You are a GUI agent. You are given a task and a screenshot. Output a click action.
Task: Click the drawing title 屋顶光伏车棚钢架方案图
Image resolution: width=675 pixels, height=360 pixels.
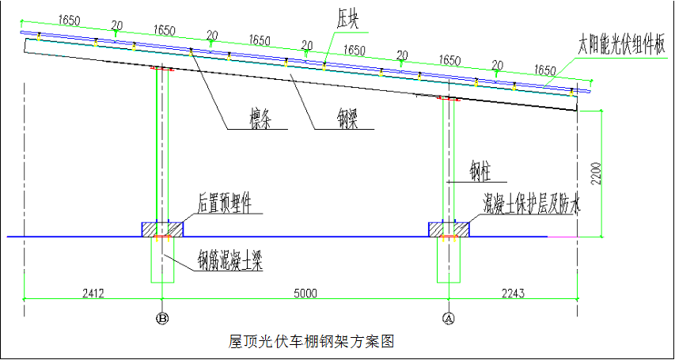coord(311,342)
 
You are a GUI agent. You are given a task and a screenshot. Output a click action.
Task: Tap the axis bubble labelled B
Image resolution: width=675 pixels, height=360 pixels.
coord(162,319)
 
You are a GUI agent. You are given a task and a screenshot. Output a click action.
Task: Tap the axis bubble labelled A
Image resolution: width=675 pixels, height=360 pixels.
coord(449,319)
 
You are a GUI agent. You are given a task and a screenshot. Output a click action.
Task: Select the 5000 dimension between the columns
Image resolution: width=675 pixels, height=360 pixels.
coord(305,293)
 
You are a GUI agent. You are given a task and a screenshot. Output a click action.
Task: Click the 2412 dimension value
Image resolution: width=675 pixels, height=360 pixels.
coord(93,293)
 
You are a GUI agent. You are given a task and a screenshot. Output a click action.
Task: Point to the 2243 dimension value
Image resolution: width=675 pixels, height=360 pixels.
coord(514,293)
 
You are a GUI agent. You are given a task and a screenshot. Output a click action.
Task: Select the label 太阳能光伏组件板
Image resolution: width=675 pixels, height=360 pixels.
coord(621,44)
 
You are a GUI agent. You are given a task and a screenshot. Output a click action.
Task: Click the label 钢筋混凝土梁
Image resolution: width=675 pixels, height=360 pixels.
coord(230,260)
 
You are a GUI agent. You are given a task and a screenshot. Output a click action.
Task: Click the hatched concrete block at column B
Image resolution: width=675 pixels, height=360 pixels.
coord(162,229)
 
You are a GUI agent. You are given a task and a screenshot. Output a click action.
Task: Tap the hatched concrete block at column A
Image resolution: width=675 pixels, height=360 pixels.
coord(449,229)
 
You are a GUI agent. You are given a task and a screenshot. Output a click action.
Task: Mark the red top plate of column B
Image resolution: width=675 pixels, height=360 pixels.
coord(162,69)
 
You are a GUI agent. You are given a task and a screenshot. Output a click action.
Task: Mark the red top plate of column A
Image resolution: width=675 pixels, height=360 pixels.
coord(449,99)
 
